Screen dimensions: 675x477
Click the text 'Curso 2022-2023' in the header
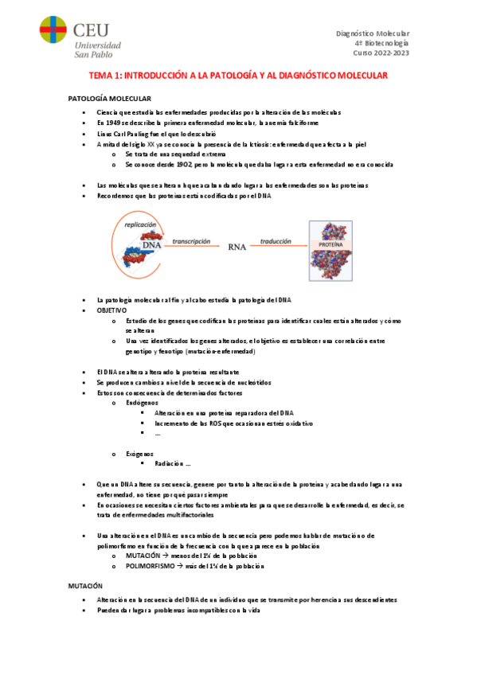pyautogui.click(x=381, y=53)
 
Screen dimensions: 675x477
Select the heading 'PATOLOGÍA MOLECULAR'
pyautogui.click(x=104, y=97)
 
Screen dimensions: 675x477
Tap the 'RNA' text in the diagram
pyautogui.click(x=237, y=248)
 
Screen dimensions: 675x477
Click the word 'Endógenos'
pyautogui.click(x=142, y=403)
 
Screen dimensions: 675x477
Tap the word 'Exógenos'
pyautogui.click(x=140, y=452)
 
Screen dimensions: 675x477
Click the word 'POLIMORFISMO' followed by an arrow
pyautogui.click(x=151, y=565)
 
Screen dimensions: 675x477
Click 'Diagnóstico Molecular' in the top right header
pyautogui.click(x=373, y=33)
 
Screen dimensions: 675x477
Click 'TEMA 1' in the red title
pyautogui.click(x=104, y=76)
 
